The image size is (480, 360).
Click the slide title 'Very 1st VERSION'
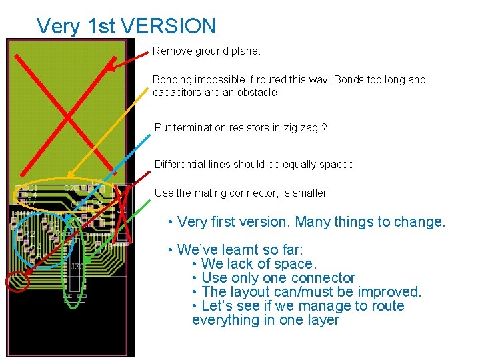pyautogui.click(x=126, y=26)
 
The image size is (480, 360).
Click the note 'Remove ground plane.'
pyautogui.click(x=206, y=51)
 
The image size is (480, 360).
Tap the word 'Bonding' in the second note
pyautogui.click(x=171, y=79)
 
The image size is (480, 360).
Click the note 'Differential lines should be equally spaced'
pyautogui.click(x=254, y=164)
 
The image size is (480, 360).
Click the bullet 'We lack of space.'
pyautogui.click(x=258, y=264)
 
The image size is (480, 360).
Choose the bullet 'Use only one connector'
pyautogui.click(x=278, y=278)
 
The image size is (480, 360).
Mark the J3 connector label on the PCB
pyautogui.click(x=76, y=267)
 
